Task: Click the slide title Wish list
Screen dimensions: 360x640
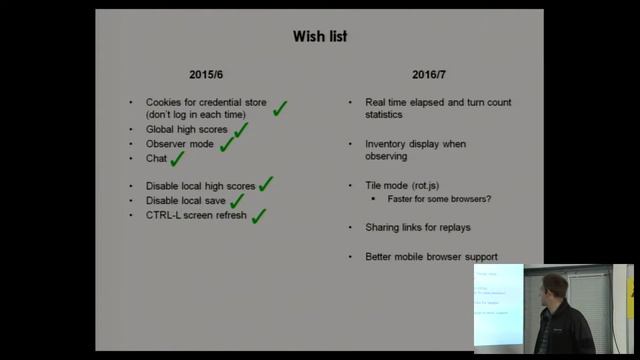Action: [320, 37]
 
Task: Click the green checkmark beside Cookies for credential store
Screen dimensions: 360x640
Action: [280, 108]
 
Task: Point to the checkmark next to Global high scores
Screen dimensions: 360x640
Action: [240, 129]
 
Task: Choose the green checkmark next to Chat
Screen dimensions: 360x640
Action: [178, 157]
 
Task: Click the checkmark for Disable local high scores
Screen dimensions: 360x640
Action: [265, 184]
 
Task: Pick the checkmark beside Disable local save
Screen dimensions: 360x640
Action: [237, 200]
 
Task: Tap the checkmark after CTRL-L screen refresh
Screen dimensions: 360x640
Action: [258, 215]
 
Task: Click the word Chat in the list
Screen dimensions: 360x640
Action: [156, 158]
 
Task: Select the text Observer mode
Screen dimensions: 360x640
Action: [179, 144]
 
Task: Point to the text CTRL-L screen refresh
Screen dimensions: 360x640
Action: [195, 215]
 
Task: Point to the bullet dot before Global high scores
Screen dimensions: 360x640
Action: [131, 130]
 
